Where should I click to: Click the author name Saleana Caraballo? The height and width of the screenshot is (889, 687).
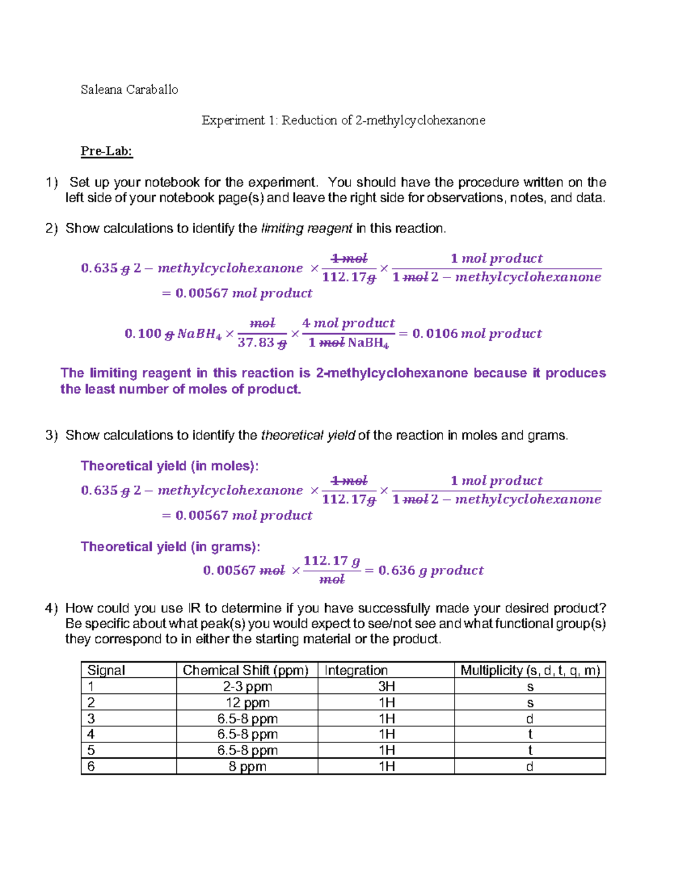[129, 89]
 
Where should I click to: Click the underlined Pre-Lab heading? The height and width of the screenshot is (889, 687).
[106, 151]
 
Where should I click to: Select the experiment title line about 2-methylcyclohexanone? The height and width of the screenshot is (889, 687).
[343, 120]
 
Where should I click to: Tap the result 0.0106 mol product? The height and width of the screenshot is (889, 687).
[476, 334]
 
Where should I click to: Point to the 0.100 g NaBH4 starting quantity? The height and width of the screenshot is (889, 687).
[172, 334]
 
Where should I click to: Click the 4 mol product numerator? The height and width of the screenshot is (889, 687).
[348, 323]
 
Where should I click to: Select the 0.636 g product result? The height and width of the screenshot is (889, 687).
[431, 570]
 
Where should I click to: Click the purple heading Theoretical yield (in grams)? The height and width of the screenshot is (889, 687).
[170, 547]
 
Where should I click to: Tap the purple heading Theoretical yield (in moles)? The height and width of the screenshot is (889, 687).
[169, 466]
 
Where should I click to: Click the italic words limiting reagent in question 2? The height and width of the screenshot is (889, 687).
[306, 228]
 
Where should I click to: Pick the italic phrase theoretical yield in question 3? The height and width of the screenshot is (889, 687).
[308, 436]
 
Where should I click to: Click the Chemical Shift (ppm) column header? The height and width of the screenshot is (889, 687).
[246, 670]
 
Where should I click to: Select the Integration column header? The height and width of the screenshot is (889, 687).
[356, 670]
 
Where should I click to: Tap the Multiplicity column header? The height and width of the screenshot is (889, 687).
[530, 670]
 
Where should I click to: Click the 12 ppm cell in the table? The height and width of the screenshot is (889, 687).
[247, 702]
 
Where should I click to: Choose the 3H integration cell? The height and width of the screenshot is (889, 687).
[386, 686]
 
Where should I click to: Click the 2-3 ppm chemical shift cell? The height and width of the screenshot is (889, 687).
[247, 686]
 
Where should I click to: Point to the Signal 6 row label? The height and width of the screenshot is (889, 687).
[91, 766]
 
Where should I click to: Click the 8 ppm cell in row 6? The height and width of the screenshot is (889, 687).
[247, 766]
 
